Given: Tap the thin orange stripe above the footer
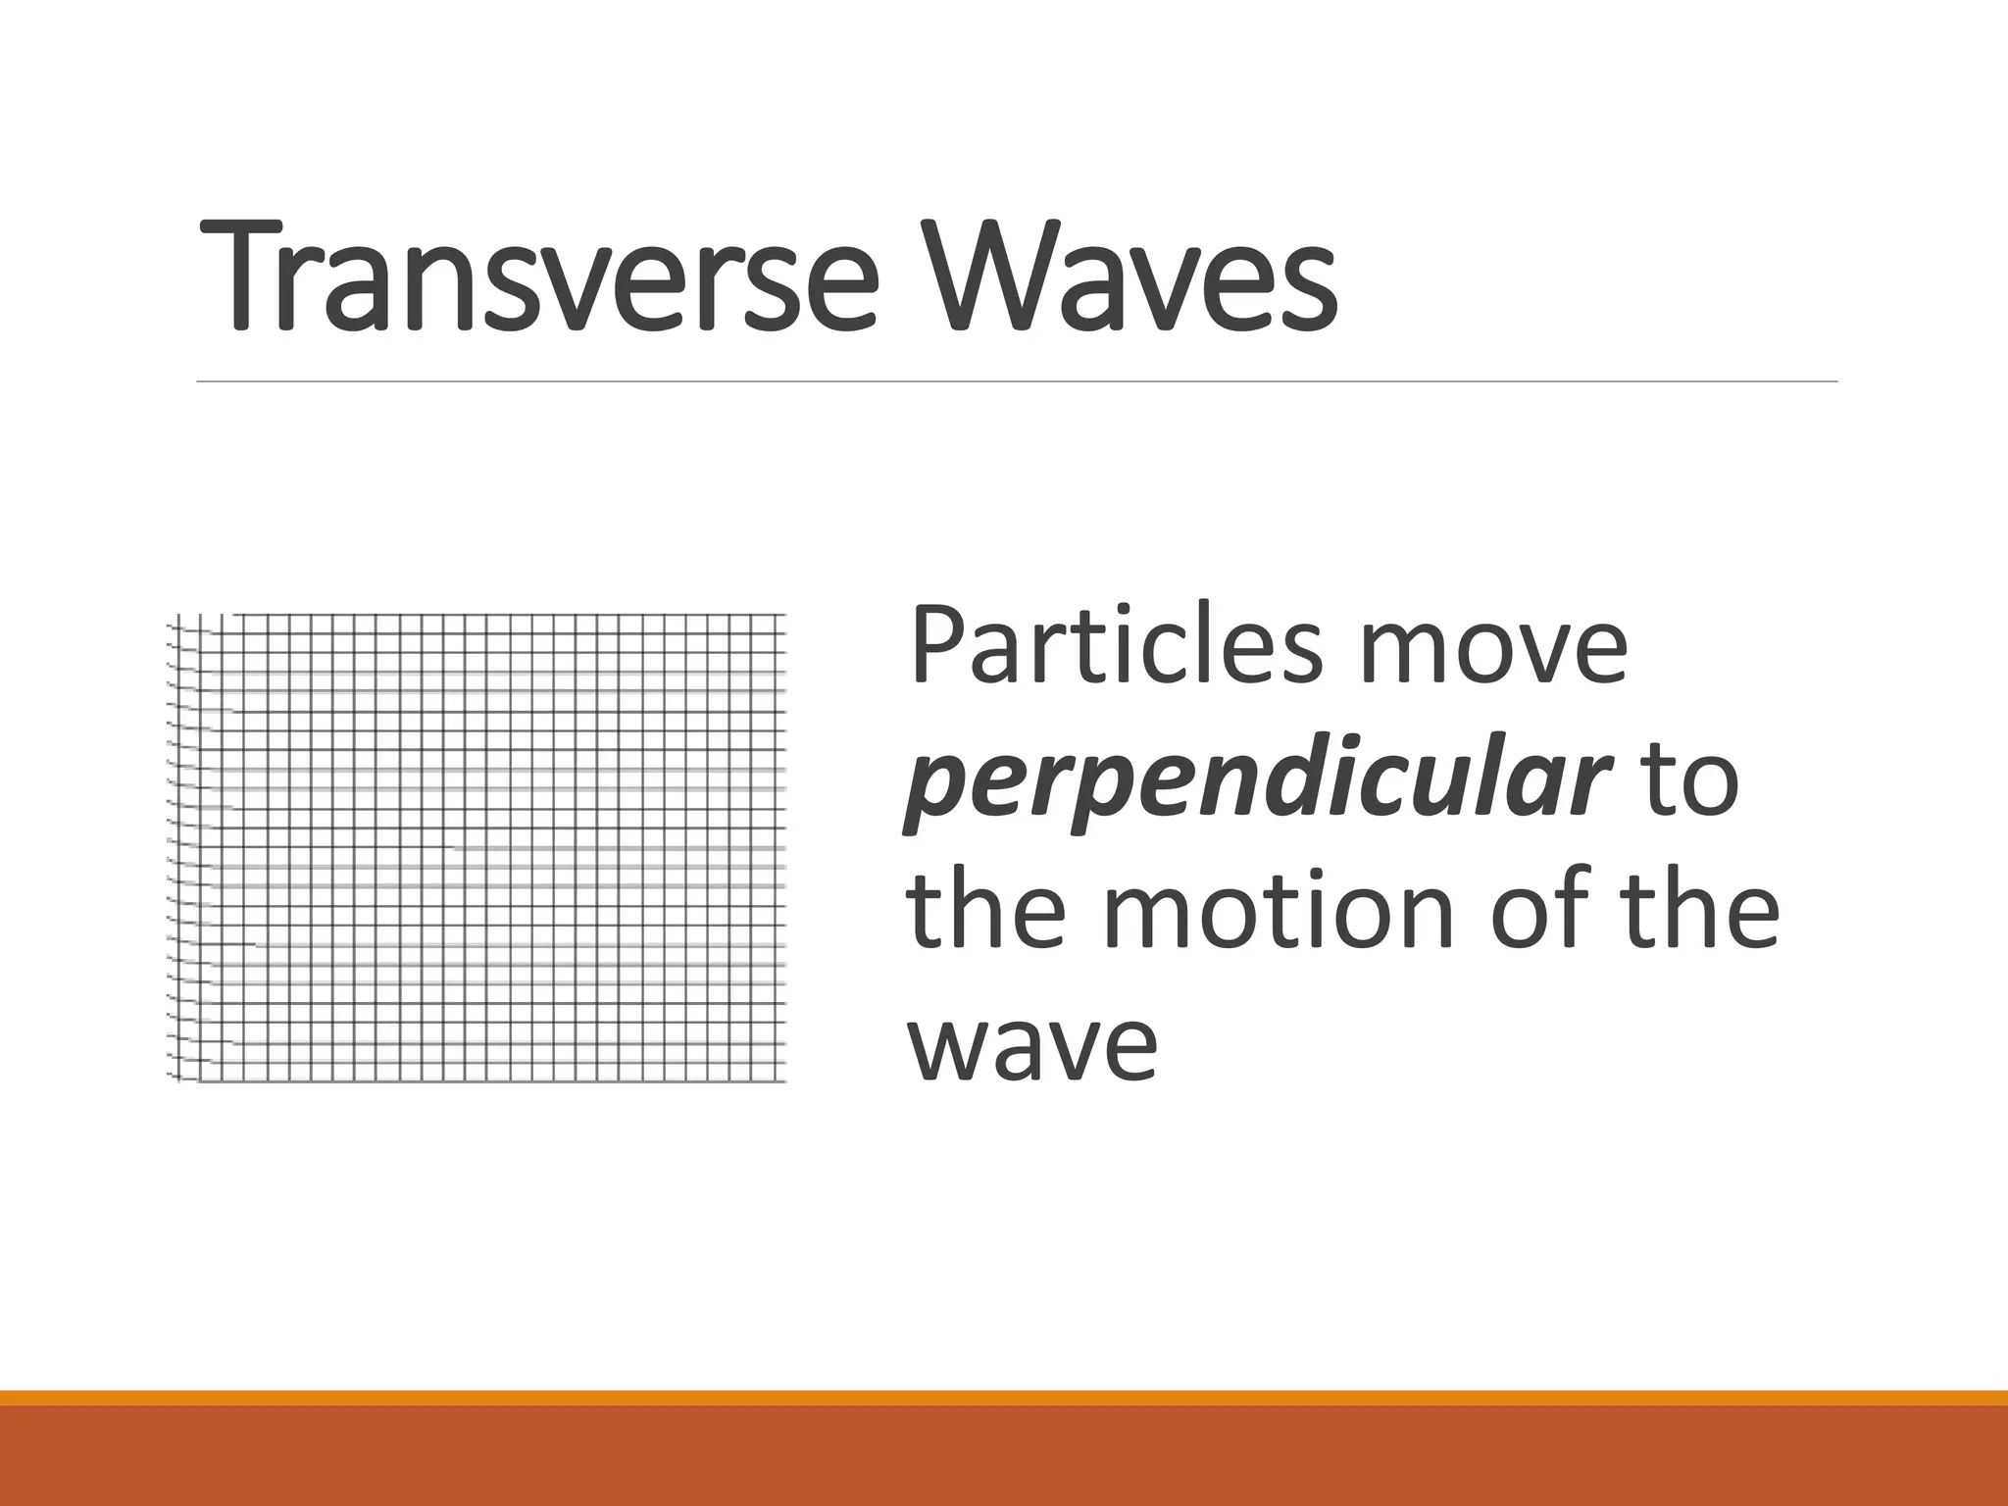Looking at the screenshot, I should tap(1004, 1397).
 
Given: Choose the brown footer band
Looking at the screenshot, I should tap(1004, 1456).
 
